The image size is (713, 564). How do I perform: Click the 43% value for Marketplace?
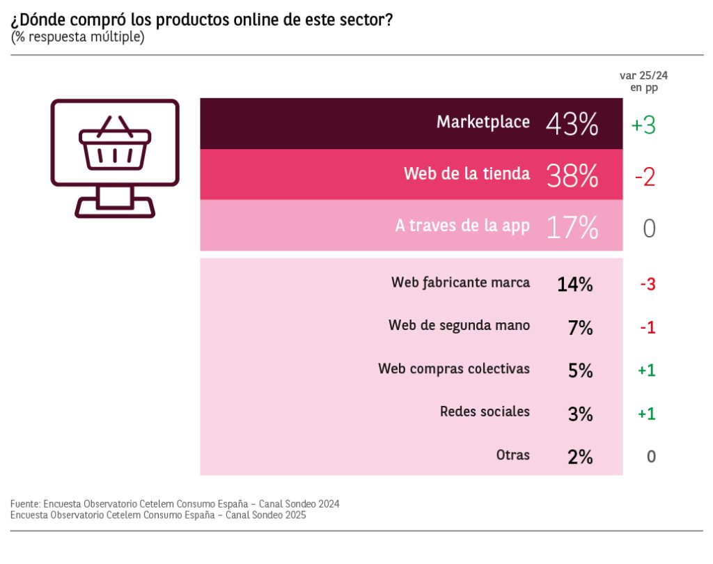[572, 125]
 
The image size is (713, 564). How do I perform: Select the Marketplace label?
[483, 122]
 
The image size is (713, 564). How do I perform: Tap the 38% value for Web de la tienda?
[572, 176]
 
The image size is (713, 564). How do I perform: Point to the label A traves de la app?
[462, 226]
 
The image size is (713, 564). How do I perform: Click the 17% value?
[572, 228]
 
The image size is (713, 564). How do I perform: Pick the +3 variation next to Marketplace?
[643, 125]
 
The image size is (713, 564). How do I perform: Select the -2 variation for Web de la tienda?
[645, 177]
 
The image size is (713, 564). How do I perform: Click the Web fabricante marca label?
[460, 283]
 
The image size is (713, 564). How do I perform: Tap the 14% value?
[574, 284]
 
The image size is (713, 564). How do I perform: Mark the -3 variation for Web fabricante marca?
[648, 284]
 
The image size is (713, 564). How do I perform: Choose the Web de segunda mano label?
[459, 326]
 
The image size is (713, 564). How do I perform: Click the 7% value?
[580, 328]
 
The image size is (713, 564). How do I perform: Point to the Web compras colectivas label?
[454, 369]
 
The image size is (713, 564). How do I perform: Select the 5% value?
[580, 371]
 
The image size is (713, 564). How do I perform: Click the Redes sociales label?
[485, 412]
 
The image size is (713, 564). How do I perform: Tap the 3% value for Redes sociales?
[580, 414]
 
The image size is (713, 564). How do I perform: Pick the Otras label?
[512, 455]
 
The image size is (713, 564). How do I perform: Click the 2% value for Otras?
[580, 457]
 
